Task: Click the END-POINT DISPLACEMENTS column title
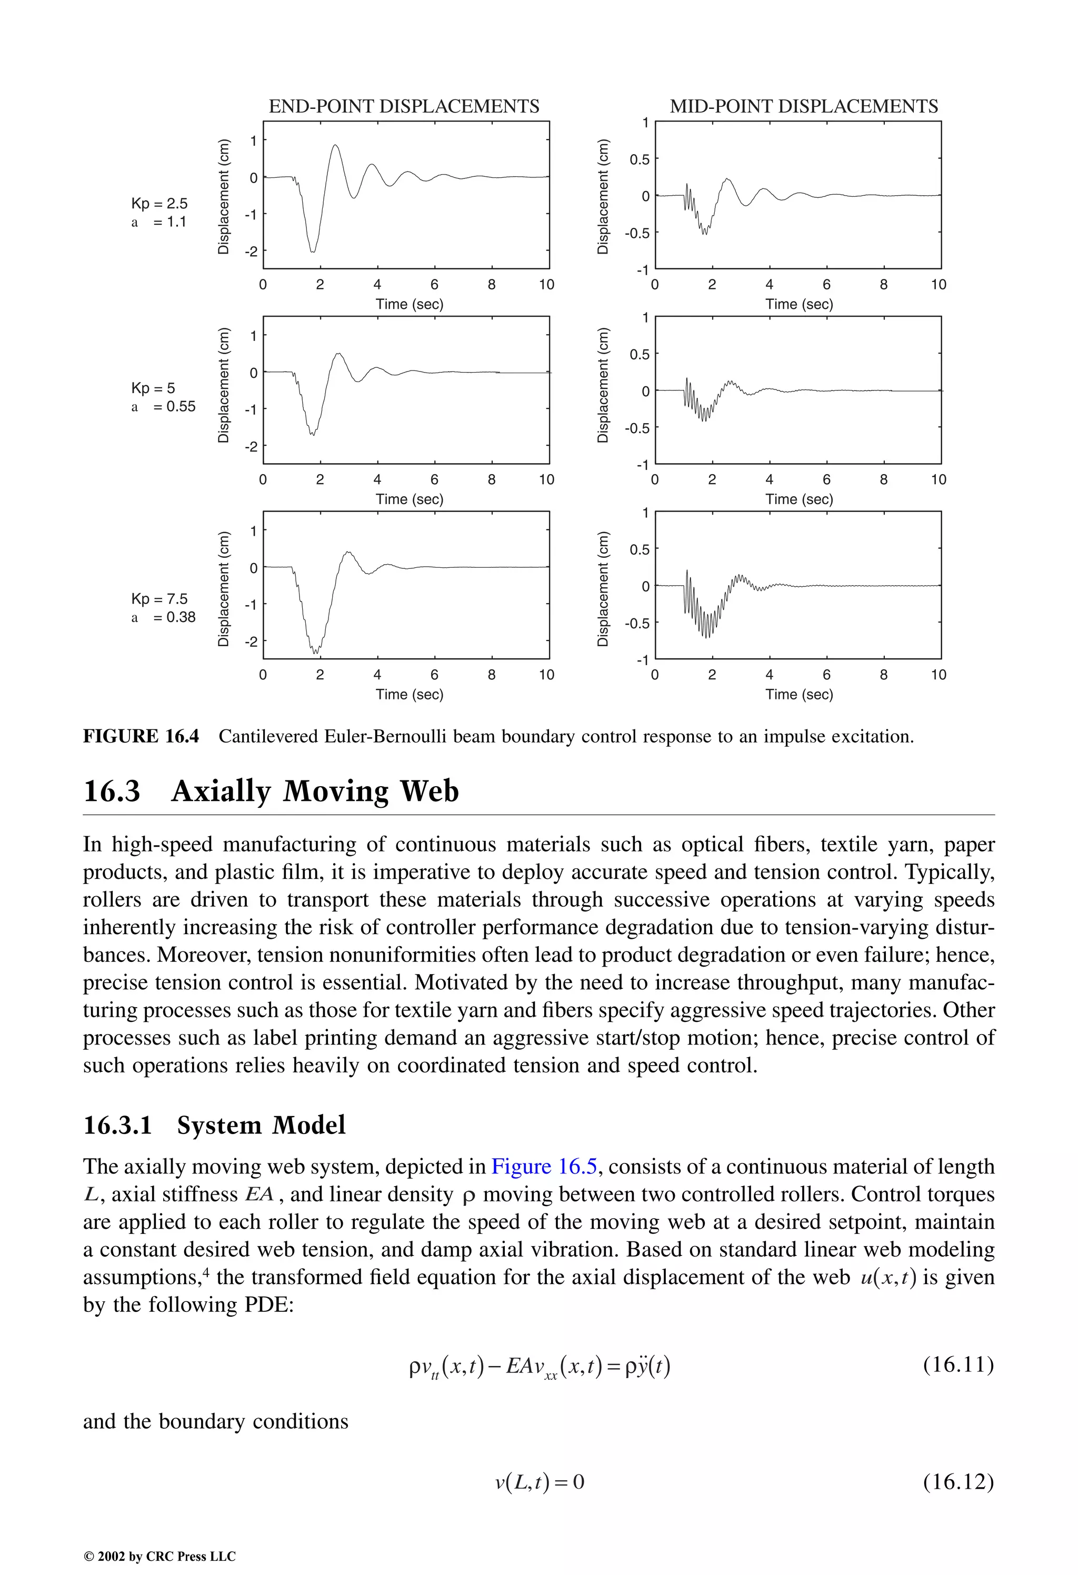coord(404,106)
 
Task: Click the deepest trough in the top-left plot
coord(313,252)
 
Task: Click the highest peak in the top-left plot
coord(335,145)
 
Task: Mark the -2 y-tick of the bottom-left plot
coord(252,641)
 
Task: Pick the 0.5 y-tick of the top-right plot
coord(640,159)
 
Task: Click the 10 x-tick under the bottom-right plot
coord(937,674)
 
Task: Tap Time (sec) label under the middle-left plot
coord(410,499)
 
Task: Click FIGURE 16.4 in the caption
coord(141,736)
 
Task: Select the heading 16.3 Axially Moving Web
coord(271,791)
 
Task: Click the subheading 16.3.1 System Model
coord(214,1125)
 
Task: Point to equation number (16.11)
coord(958,1363)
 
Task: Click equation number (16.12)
coord(958,1482)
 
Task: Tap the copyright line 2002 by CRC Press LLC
coord(159,1557)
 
